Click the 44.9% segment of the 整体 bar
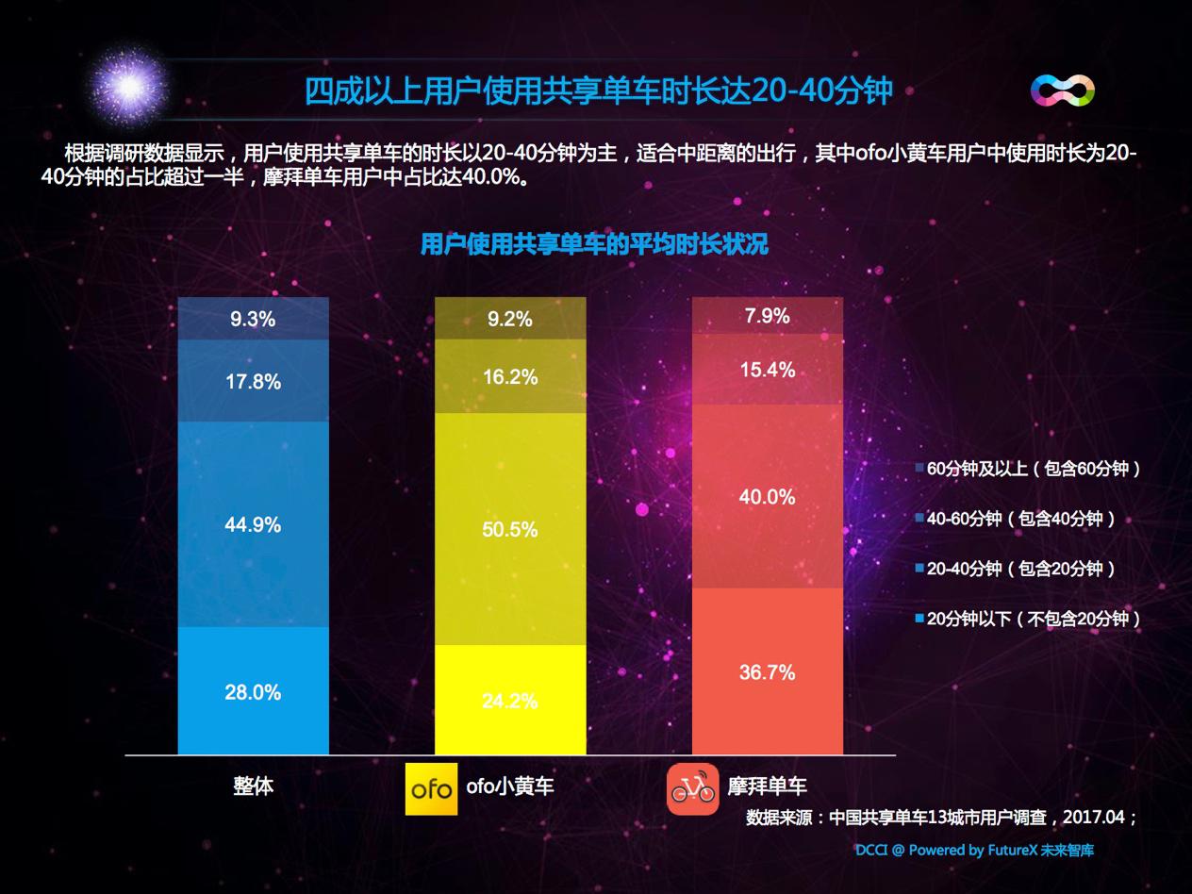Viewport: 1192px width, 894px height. (x=253, y=524)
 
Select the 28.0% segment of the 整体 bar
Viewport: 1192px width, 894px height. (x=253, y=691)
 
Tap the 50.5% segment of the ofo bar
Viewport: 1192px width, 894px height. (x=509, y=529)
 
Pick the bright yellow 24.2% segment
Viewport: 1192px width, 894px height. (x=509, y=700)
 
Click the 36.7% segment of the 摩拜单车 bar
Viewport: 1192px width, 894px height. (x=767, y=671)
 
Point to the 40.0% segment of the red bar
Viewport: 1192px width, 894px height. (x=767, y=496)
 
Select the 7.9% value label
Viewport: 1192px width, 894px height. (x=767, y=316)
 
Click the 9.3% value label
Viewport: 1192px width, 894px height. (x=253, y=319)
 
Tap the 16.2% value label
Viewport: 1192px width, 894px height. (x=510, y=376)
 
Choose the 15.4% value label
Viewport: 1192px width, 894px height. (x=767, y=370)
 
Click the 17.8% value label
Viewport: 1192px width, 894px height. (x=253, y=381)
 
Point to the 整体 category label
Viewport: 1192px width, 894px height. (x=253, y=786)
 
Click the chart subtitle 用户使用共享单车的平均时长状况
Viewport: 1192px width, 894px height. (x=594, y=245)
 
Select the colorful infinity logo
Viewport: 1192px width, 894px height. (x=1062, y=91)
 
